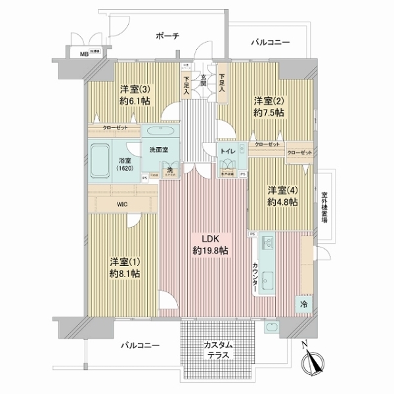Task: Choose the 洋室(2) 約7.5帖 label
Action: point(270,106)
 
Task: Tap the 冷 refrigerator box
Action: point(303,304)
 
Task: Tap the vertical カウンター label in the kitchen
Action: point(254,276)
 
